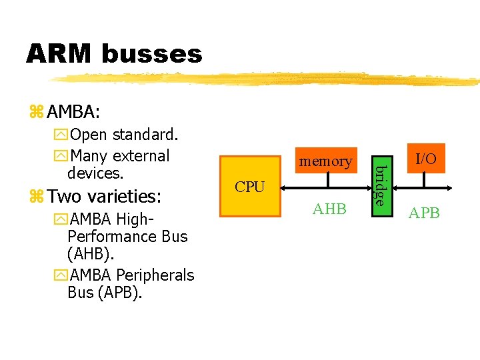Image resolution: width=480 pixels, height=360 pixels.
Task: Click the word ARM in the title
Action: click(x=59, y=53)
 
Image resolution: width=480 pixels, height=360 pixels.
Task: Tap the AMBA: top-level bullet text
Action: click(x=73, y=111)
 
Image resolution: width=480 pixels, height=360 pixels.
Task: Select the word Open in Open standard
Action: click(x=88, y=135)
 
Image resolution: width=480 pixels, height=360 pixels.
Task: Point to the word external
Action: click(x=141, y=156)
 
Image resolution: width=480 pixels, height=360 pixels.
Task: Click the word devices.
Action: click(x=95, y=173)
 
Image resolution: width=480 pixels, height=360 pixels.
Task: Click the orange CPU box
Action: click(x=250, y=187)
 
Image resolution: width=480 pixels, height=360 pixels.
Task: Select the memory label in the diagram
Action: click(x=325, y=161)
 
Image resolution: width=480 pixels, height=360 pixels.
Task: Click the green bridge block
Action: click(x=379, y=180)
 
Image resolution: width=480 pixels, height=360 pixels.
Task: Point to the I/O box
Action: click(x=425, y=159)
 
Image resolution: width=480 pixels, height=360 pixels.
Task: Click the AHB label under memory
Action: click(x=329, y=209)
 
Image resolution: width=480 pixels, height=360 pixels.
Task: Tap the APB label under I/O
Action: click(x=424, y=213)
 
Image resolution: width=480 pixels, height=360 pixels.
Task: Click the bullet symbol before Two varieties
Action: click(x=37, y=197)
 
